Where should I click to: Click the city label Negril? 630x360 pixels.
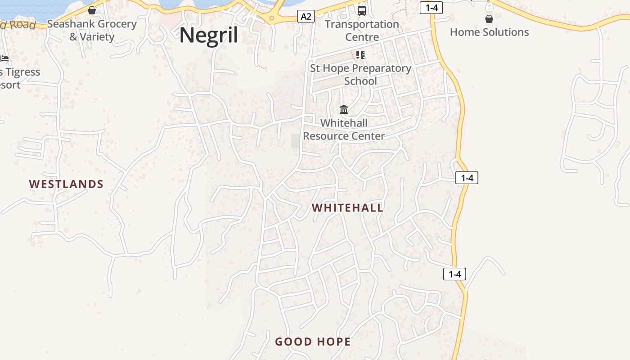pyautogui.click(x=209, y=35)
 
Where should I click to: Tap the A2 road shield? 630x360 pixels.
pyautogui.click(x=306, y=17)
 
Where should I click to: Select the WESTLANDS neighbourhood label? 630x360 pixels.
pyautogui.click(x=66, y=184)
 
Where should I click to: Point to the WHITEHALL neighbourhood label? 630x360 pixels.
pyautogui.click(x=347, y=208)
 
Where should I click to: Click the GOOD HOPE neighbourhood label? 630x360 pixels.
pyautogui.click(x=313, y=342)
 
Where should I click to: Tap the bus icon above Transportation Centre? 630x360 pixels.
pyautogui.click(x=361, y=10)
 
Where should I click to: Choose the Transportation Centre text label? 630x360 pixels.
pyautogui.click(x=362, y=31)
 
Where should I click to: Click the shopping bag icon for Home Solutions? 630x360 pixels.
pyautogui.click(x=489, y=19)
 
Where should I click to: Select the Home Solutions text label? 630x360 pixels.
pyautogui.click(x=489, y=32)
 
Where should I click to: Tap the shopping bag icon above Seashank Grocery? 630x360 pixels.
pyautogui.click(x=92, y=10)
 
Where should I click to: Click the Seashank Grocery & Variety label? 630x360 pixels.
pyautogui.click(x=92, y=30)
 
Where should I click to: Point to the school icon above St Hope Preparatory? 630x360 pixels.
pyautogui.click(x=360, y=55)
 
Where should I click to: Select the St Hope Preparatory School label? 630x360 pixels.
pyautogui.click(x=360, y=75)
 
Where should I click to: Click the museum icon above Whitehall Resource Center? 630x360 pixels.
pyautogui.click(x=344, y=109)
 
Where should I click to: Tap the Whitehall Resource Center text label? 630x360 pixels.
pyautogui.click(x=344, y=129)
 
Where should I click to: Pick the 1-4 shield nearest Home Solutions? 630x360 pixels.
pyautogui.click(x=431, y=7)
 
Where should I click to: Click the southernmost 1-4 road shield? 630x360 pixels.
pyautogui.click(x=454, y=274)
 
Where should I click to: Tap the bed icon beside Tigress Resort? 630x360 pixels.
pyautogui.click(x=4, y=58)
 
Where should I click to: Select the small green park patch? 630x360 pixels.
pyautogui.click(x=295, y=140)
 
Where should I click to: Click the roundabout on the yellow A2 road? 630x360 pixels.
pyautogui.click(x=271, y=18)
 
